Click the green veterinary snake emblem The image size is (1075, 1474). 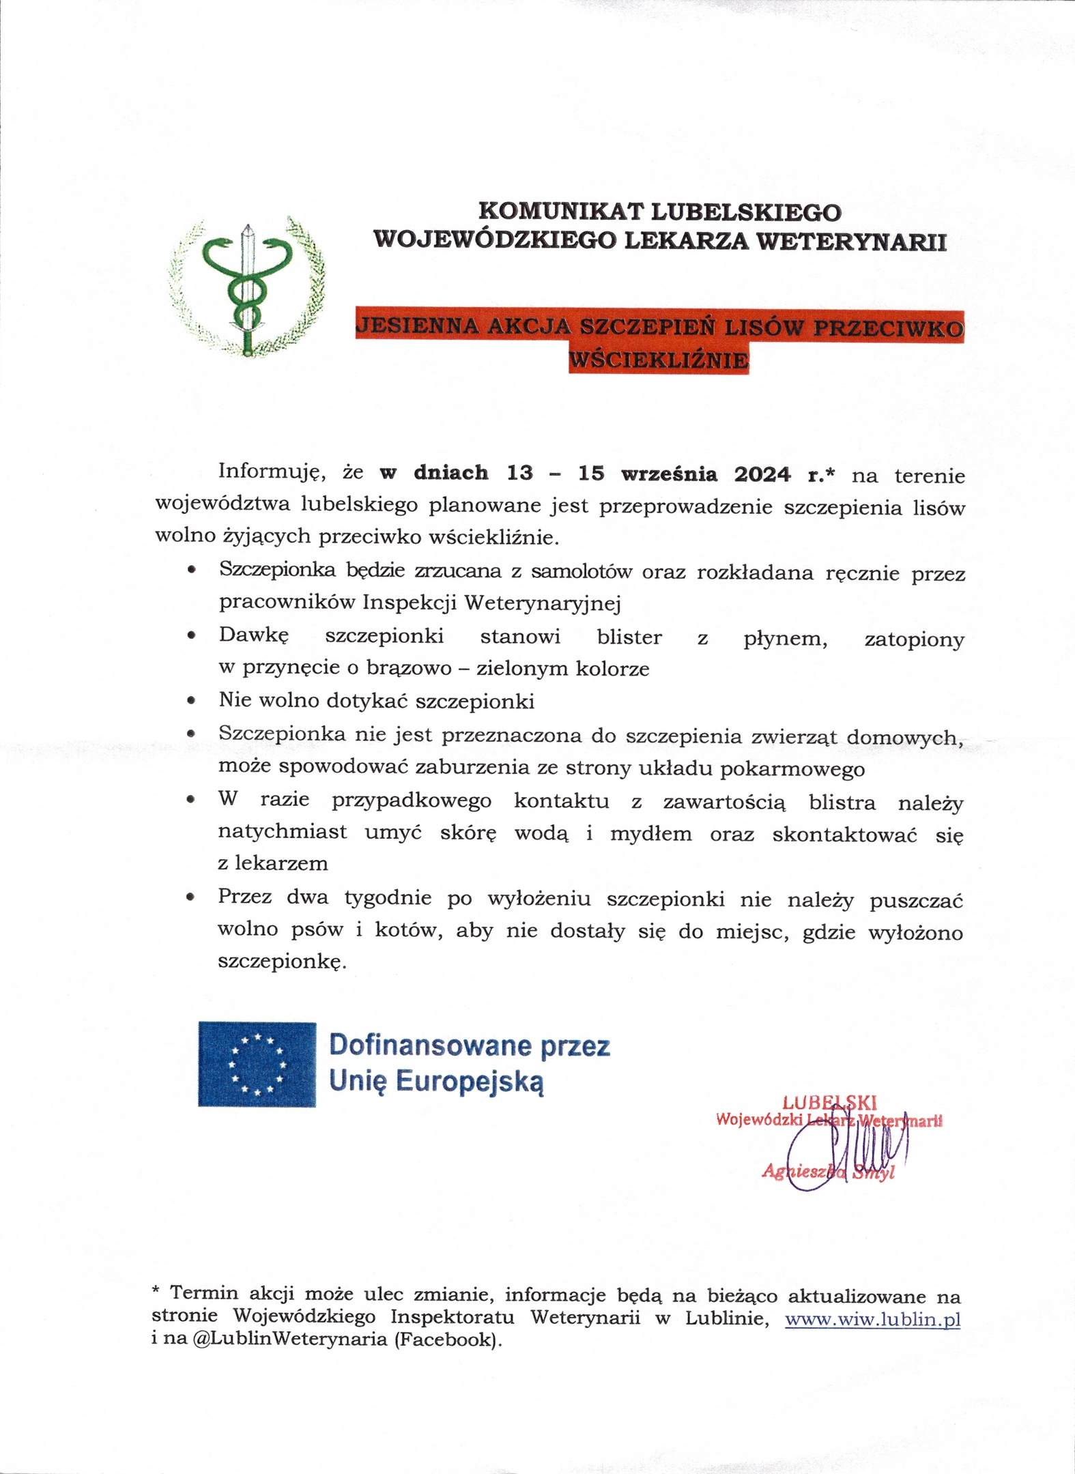click(x=247, y=287)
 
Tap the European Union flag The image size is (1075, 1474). click(x=257, y=1064)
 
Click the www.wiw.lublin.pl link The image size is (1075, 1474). click(x=872, y=1319)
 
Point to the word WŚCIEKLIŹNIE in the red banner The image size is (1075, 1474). click(x=659, y=360)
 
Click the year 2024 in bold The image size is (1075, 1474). click(x=762, y=474)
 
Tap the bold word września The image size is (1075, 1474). click(x=669, y=474)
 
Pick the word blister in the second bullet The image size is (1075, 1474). click(x=629, y=637)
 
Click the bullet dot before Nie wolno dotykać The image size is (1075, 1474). click(x=192, y=700)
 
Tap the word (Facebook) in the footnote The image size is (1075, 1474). click(x=447, y=1340)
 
